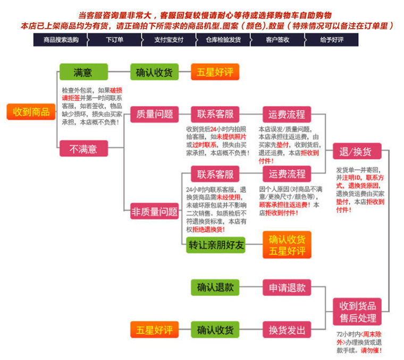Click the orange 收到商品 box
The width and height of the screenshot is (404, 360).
coord(31,112)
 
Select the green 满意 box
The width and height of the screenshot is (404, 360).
coord(83,72)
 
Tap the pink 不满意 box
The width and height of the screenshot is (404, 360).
coord(83,149)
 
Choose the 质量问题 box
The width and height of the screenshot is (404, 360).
coord(155,114)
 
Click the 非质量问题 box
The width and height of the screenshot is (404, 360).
coord(155,211)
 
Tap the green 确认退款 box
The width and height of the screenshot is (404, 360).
coord(215,287)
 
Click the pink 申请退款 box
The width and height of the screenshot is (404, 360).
coord(287,287)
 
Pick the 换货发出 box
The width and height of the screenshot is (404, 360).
coord(287,330)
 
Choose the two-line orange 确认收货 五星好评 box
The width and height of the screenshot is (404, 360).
coord(287,245)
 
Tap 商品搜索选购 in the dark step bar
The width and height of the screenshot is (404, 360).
coord(61,39)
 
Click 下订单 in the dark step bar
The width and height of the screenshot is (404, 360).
coord(114,39)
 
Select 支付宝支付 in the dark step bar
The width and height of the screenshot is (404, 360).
coord(169,39)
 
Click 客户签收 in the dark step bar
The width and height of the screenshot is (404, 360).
coord(277,39)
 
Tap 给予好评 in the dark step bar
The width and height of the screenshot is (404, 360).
coord(332,39)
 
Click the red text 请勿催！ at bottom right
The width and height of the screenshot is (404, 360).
coord(371,350)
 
